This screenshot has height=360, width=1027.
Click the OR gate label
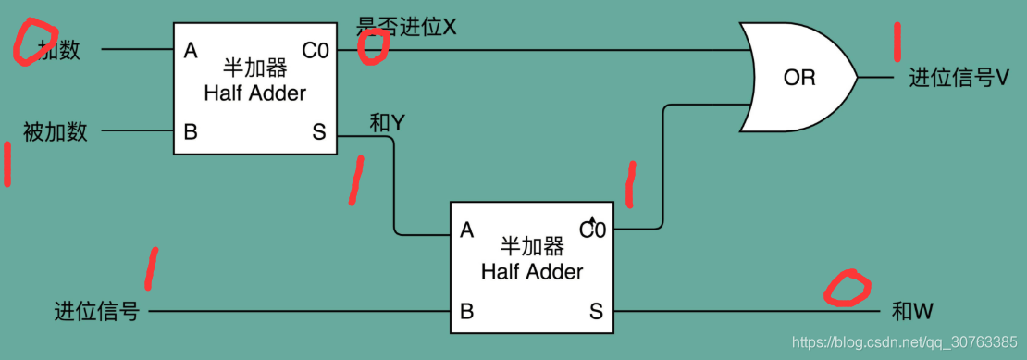click(799, 78)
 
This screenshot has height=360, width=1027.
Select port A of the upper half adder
click(191, 51)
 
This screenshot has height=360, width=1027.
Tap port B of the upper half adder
click(191, 131)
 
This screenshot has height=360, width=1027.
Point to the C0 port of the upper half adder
click(316, 51)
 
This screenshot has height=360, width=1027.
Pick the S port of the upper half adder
click(319, 131)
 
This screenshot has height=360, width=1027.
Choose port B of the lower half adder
click(467, 312)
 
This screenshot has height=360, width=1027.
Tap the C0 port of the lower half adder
click(593, 229)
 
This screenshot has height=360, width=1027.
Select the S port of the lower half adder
click(596, 312)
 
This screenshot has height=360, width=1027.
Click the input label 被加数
click(56, 131)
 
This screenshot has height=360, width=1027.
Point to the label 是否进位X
click(407, 27)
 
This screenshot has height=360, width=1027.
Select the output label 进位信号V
click(959, 78)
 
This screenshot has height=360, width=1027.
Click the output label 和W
click(912, 312)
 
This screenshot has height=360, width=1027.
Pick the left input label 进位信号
click(97, 312)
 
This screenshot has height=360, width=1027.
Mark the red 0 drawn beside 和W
click(848, 289)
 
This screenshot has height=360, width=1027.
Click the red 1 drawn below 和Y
click(355, 180)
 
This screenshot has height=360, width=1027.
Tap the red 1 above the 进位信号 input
click(151, 268)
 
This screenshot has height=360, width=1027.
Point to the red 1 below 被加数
click(7, 165)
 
